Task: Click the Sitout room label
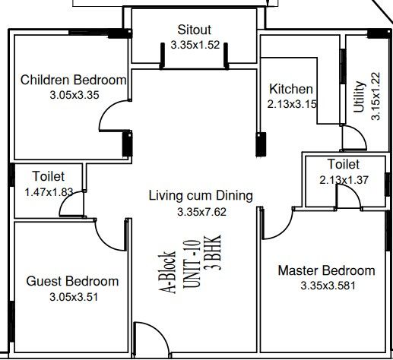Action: coord(195,30)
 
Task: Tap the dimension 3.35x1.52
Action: coord(195,45)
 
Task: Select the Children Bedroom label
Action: coord(73,80)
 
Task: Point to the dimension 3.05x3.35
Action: coord(74,95)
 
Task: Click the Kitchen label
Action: coord(291,89)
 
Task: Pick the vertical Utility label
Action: coord(360,96)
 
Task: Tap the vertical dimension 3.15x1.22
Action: coord(376,96)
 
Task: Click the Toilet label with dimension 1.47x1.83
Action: coord(49,176)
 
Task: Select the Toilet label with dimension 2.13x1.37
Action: coord(344,164)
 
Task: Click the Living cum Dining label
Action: coord(201,196)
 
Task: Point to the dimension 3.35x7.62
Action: coord(201,212)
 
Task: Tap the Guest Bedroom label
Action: coord(72,281)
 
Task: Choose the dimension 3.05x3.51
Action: coord(74,297)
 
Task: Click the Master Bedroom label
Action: coord(327,270)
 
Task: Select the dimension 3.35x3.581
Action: coord(328,286)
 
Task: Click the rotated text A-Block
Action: coord(167,273)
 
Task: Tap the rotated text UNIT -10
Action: coord(192,264)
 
